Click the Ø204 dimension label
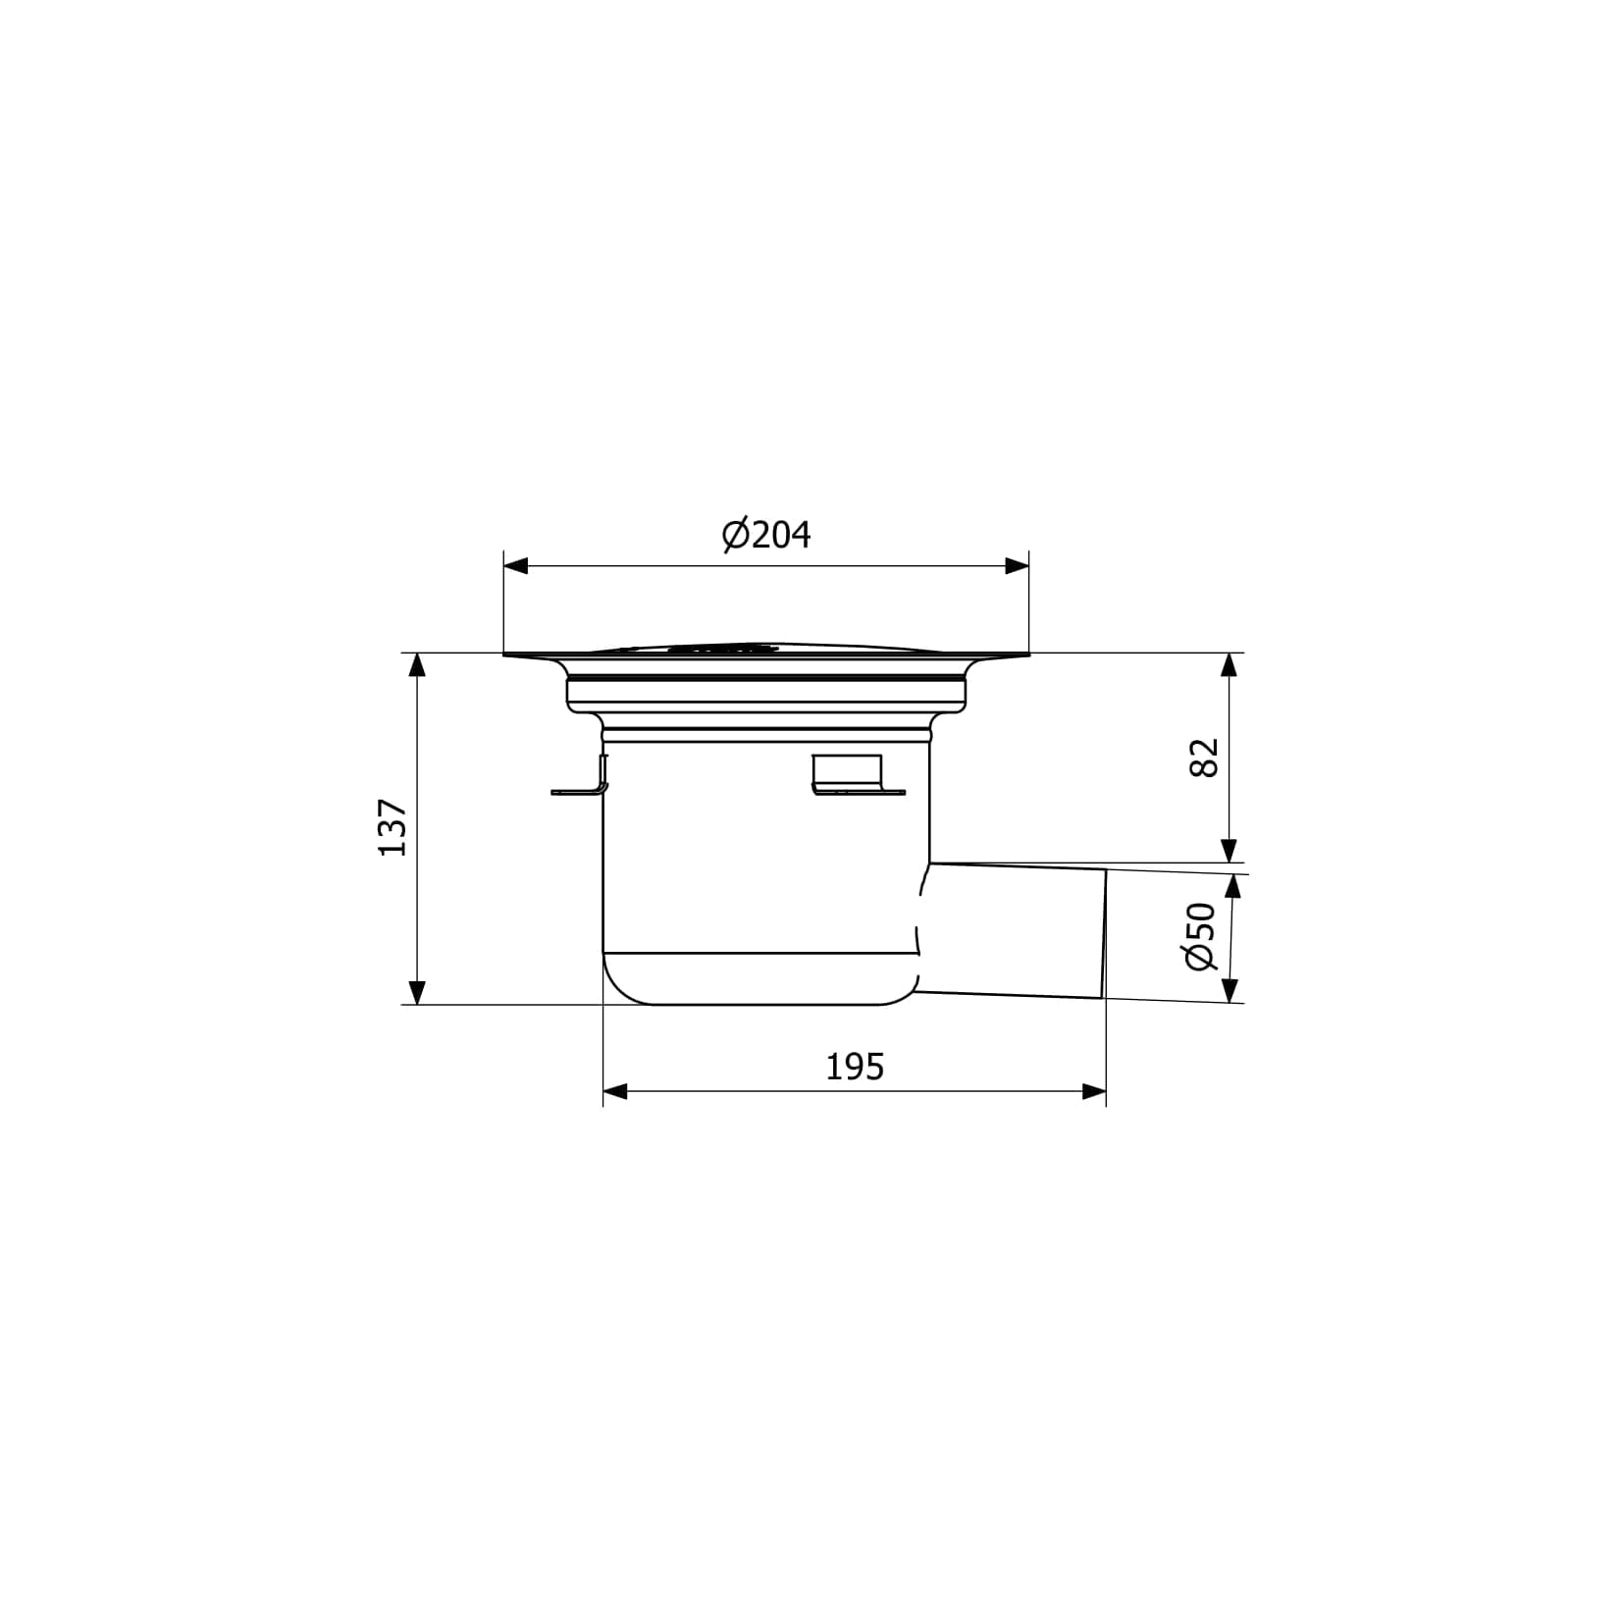[766, 535]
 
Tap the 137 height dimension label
[392, 827]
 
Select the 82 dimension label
[1203, 758]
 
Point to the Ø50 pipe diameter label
[1201, 936]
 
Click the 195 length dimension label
[855, 1067]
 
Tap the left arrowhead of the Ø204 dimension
[515, 566]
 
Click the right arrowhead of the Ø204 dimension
[1018, 566]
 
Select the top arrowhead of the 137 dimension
[418, 665]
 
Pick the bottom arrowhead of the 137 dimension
[418, 992]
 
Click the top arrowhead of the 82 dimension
[1229, 665]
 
